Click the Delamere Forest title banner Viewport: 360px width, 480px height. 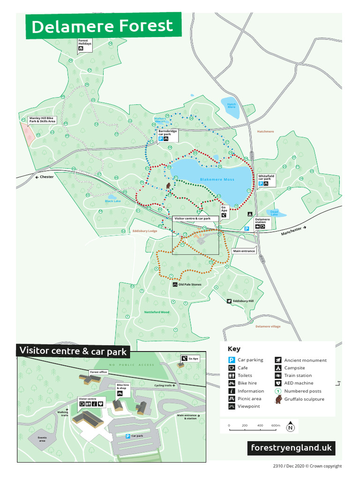tap(103, 26)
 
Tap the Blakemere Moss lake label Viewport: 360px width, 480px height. tap(217, 180)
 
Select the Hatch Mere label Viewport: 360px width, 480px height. tap(232, 105)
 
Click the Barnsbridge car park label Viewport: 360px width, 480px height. tap(167, 133)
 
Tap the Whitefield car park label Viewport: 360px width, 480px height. tap(266, 178)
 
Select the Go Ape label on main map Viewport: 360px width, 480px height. tap(224, 209)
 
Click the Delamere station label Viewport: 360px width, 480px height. tap(262, 220)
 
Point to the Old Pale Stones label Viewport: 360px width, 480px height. tap(189, 285)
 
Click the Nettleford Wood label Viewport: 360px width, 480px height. tap(156, 312)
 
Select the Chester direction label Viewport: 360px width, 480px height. tap(46, 177)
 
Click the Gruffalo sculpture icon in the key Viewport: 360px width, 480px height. tap(278, 399)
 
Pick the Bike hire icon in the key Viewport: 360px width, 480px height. tap(232, 383)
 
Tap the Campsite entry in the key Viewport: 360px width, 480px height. tap(294, 368)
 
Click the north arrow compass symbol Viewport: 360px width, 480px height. tap(291, 426)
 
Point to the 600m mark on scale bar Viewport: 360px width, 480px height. tap(275, 425)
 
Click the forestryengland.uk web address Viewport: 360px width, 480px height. tap(291, 448)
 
